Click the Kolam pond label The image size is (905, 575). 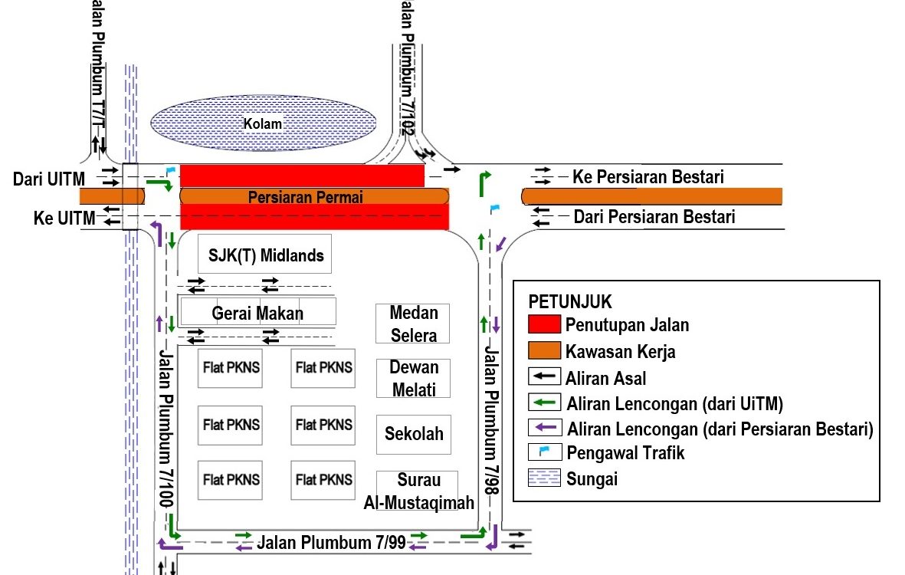pyautogui.click(x=263, y=123)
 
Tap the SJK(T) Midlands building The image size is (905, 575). pyautogui.click(x=264, y=255)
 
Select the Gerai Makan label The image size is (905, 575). pyautogui.click(x=257, y=313)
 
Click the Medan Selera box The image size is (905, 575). pyautogui.click(x=413, y=324)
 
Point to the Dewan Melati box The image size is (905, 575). pyautogui.click(x=414, y=378)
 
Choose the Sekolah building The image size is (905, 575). pyautogui.click(x=414, y=433)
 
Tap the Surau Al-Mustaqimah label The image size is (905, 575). pyautogui.click(x=418, y=491)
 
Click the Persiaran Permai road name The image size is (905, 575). pyautogui.click(x=305, y=197)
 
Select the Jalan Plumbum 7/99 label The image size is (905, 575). pyautogui.click(x=331, y=543)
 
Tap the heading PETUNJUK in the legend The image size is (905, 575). pyautogui.click(x=570, y=301)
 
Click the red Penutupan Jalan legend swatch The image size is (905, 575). pyautogui.click(x=543, y=325)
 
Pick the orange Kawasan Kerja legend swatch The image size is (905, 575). pyautogui.click(x=543, y=351)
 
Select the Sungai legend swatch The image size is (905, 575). pyautogui.click(x=543, y=480)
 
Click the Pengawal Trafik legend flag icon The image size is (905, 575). pyautogui.click(x=543, y=452)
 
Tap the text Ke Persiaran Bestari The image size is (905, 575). pyautogui.click(x=648, y=177)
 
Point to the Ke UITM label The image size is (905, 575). pyautogui.click(x=64, y=219)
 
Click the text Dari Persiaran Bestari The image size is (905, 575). pyautogui.click(x=654, y=217)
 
